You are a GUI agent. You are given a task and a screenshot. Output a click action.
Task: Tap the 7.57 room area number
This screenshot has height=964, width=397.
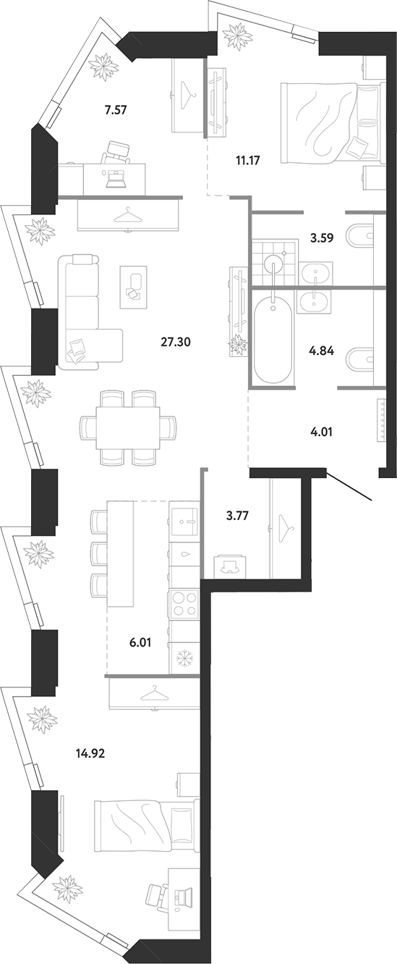pos(115,110)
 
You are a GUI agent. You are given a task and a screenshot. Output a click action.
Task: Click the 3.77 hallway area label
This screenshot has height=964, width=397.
pos(238,515)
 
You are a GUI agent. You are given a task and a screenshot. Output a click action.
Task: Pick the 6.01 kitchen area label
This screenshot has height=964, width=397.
pos(140,643)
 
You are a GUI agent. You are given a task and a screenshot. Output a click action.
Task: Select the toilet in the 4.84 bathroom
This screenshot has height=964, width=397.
pos(360,359)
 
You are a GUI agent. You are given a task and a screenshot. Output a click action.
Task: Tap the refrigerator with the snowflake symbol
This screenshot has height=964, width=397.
pos(184,658)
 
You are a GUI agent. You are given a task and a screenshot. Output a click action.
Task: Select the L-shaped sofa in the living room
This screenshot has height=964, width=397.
pos(86,312)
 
